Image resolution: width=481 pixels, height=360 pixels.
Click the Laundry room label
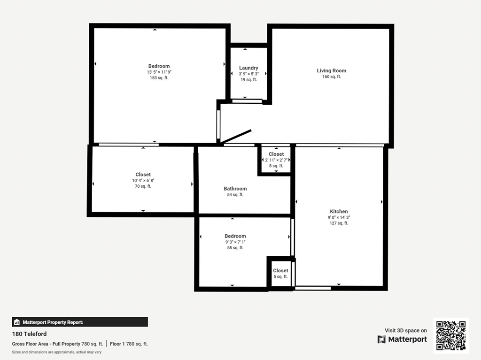click(x=248, y=68)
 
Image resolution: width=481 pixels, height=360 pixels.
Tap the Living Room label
click(x=331, y=71)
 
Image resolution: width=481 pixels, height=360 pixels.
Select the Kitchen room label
click(x=339, y=212)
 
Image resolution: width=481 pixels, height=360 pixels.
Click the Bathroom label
click(x=235, y=189)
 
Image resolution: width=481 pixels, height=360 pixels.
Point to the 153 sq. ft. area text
click(x=159, y=78)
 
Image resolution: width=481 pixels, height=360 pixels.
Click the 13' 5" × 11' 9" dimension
click(x=159, y=72)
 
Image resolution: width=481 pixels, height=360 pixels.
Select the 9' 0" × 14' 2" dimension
click(x=339, y=218)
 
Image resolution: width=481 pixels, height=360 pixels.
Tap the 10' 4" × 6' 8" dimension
click(x=143, y=181)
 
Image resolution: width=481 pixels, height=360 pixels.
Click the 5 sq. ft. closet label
click(x=280, y=277)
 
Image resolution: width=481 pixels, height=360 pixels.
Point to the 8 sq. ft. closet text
click(x=276, y=166)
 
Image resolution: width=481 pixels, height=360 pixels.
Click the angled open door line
click(x=236, y=137)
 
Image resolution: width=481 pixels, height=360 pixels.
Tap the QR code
click(x=451, y=335)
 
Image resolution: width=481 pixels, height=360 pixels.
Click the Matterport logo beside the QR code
click(x=403, y=339)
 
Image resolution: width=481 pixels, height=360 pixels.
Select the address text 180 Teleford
click(x=29, y=334)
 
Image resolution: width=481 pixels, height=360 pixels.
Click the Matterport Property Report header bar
click(x=80, y=322)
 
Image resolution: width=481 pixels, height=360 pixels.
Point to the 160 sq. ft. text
click(x=331, y=77)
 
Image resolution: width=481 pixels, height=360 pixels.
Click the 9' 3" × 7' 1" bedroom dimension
click(x=235, y=242)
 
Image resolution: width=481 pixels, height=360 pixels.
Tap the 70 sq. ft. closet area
click(x=143, y=186)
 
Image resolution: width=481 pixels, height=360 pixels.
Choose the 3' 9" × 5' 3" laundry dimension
click(x=248, y=74)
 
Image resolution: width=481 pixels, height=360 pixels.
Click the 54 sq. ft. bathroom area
click(x=235, y=195)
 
